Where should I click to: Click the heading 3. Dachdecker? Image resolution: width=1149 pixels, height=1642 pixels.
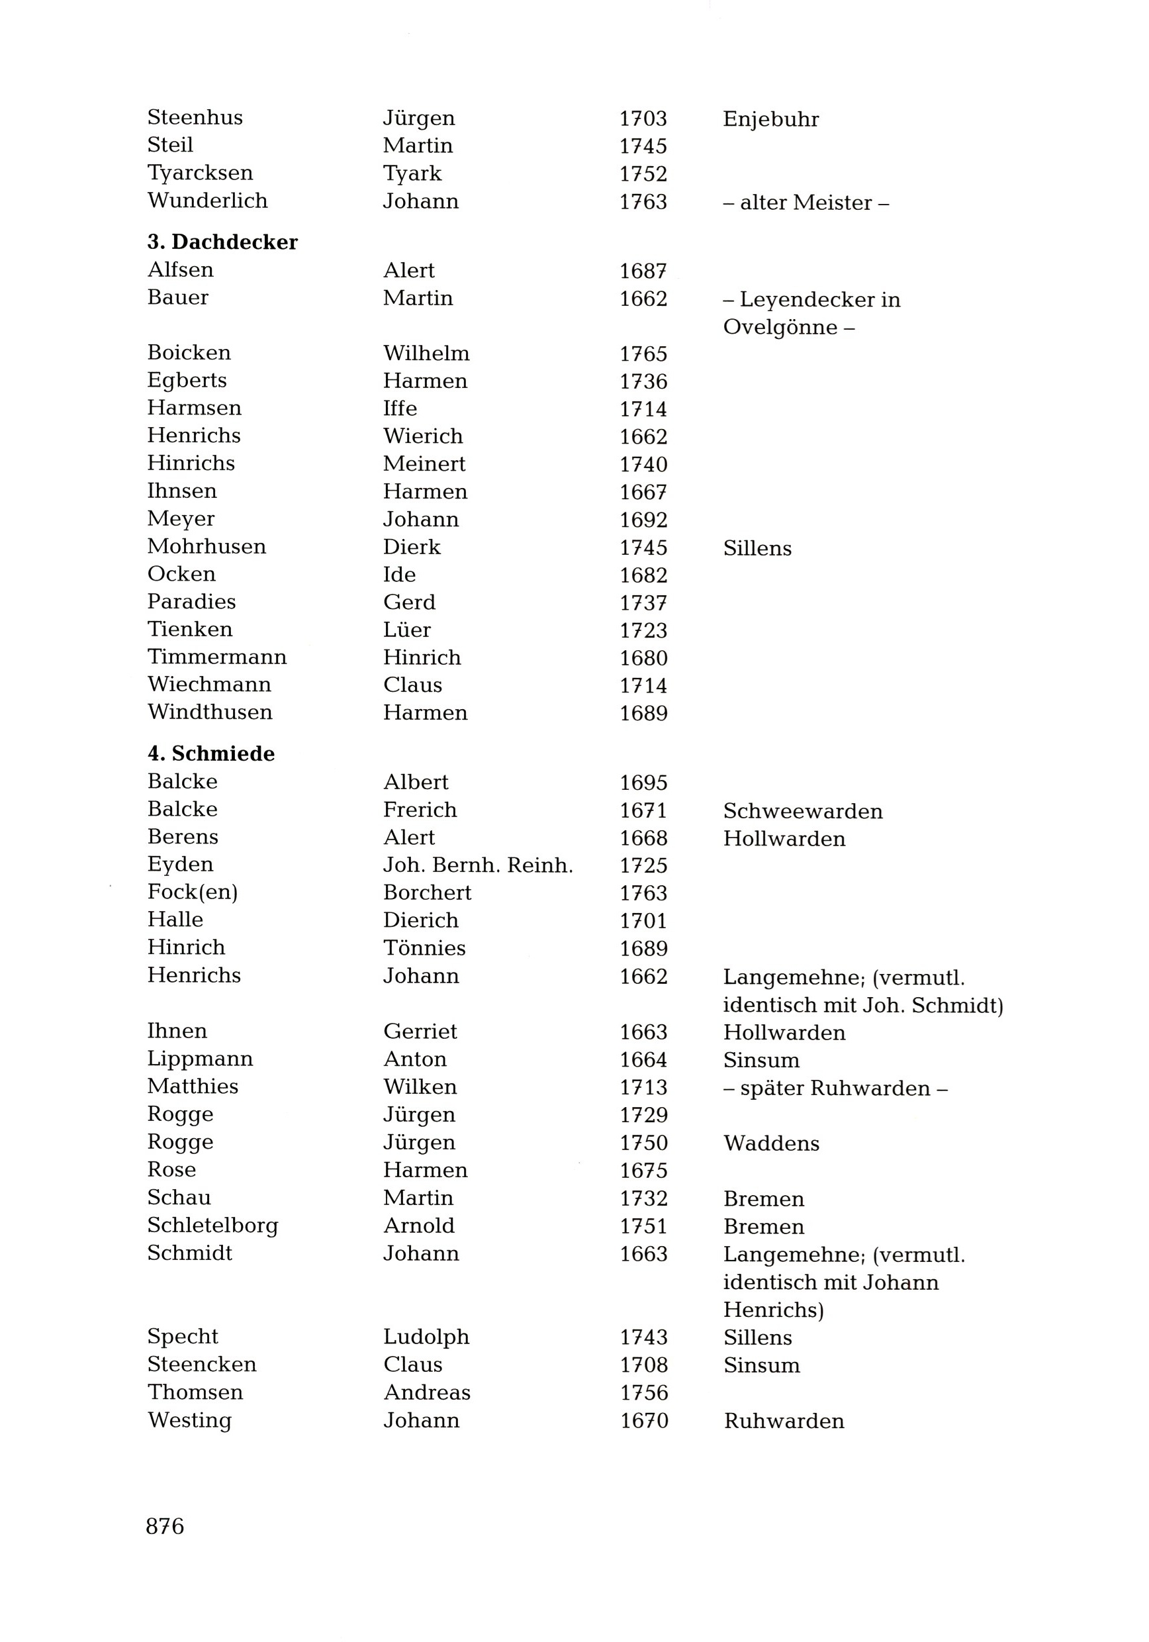222,242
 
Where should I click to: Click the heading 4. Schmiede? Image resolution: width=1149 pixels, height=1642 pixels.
211,753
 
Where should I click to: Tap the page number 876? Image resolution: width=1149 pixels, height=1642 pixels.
165,1526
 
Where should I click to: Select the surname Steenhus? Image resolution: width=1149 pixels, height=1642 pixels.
195,117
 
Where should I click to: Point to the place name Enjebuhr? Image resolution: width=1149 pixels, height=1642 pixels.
771,119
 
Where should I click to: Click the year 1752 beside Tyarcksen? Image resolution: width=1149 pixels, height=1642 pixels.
643,173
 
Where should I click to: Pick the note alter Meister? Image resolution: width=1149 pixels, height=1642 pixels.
805,203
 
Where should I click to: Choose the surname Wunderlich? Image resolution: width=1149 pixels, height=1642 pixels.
207,201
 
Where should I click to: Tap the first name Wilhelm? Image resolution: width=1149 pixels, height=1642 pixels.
426,354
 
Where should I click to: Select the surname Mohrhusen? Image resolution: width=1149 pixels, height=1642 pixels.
207,547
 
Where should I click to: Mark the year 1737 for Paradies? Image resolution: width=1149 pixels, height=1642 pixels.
643,603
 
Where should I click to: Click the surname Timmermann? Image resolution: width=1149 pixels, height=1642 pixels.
216,657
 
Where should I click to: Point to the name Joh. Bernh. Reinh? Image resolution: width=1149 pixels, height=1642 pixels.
478,865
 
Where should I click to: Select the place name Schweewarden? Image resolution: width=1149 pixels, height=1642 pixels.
803,811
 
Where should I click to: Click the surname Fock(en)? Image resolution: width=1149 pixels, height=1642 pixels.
193,893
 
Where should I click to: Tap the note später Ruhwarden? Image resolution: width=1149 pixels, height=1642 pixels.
835,1088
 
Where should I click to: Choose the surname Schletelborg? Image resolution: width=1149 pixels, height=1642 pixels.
212,1226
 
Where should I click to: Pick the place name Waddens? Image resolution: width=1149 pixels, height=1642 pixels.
772,1143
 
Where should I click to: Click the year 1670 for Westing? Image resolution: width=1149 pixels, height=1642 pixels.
643,1420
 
